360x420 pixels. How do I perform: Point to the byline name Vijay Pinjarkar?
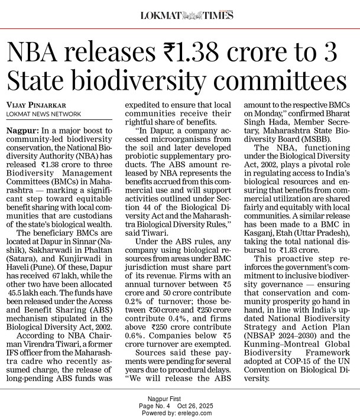coord(39,105)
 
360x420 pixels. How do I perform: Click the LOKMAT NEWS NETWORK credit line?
coord(44,114)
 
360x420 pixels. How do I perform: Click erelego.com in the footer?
coord(196,413)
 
